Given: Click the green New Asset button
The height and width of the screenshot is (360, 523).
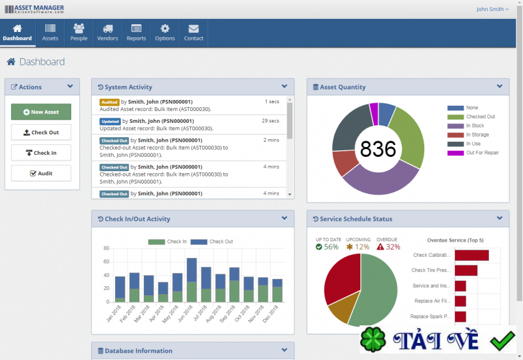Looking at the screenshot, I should [41, 112].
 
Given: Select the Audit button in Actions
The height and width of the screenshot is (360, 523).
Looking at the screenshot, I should [41, 173].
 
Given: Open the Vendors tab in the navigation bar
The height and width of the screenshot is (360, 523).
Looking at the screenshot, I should [107, 33].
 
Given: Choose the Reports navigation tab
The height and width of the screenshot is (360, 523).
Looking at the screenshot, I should [136, 33].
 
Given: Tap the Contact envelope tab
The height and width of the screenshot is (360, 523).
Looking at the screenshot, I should [194, 33].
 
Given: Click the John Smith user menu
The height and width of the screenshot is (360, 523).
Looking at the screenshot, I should [492, 9].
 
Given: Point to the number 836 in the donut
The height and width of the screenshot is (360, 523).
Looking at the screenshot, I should [379, 149].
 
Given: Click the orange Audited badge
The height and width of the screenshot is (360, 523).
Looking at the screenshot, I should [109, 102].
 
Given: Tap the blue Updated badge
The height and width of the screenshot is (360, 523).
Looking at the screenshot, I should [110, 121].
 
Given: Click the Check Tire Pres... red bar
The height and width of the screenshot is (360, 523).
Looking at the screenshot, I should [466, 270].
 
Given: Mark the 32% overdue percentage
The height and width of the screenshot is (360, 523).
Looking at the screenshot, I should [393, 247].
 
